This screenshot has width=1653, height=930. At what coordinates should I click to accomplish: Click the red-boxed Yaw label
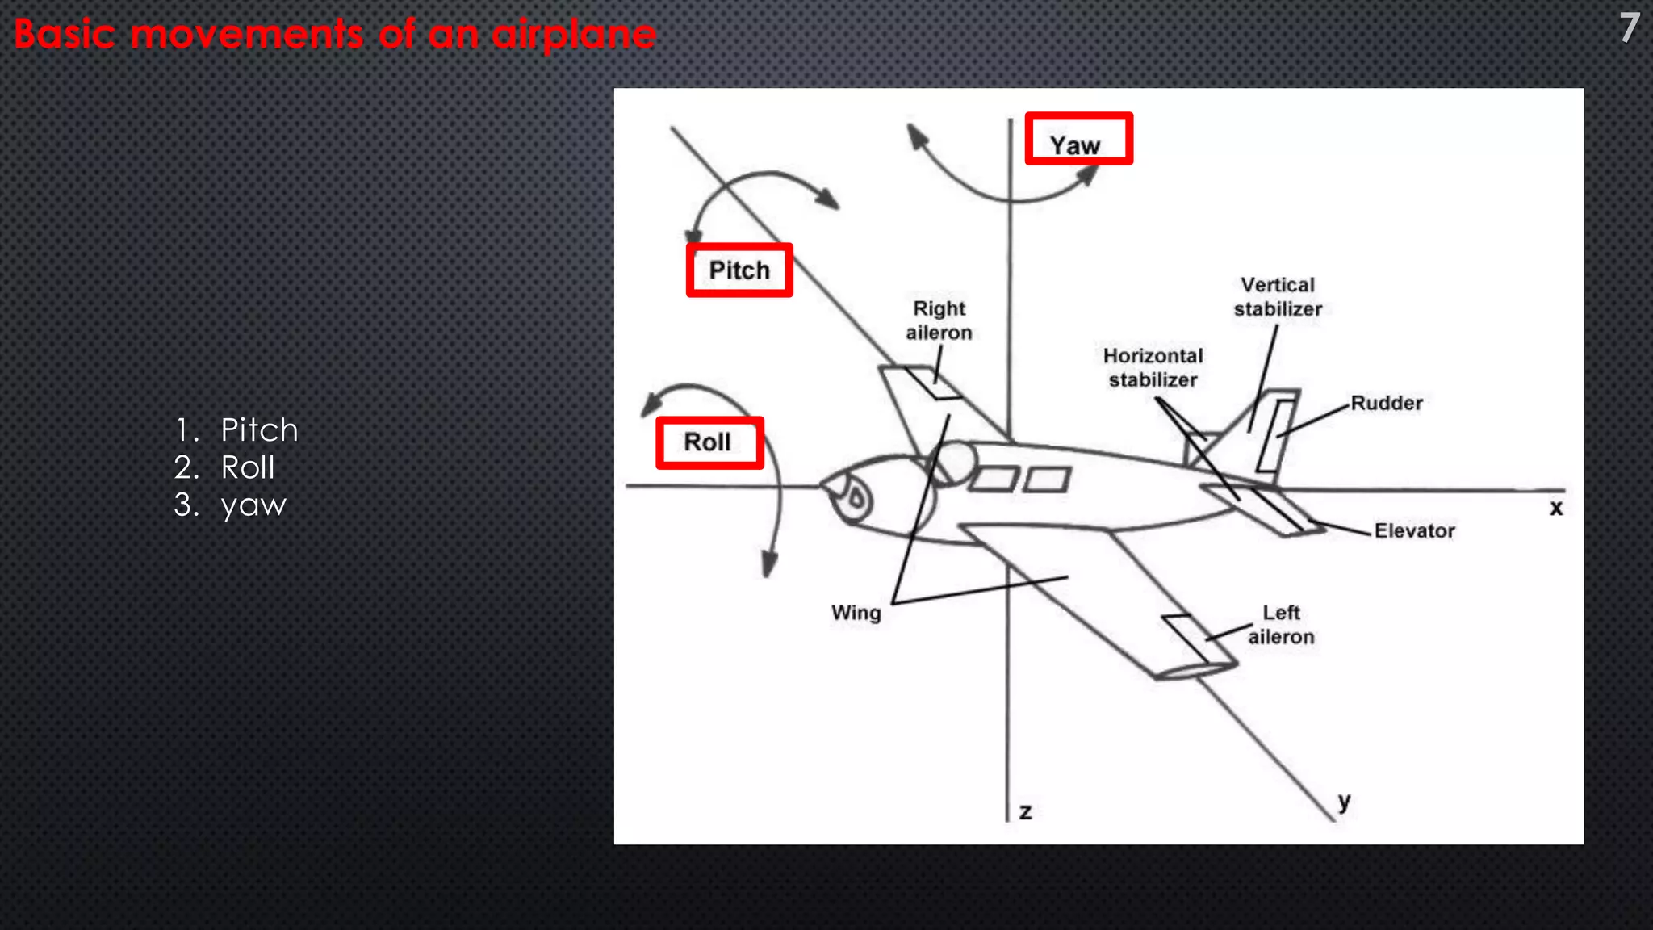coord(1078,140)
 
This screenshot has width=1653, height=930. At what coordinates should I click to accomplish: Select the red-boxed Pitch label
coord(739,270)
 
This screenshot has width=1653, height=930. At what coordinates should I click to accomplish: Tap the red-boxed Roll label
coord(709,442)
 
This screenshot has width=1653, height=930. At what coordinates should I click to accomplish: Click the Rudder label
coord(1386,403)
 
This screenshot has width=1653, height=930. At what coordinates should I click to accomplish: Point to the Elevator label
coord(1414,530)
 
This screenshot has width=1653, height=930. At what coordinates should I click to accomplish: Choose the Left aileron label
coord(1281,625)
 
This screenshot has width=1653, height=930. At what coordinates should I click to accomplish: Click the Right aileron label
coord(939,320)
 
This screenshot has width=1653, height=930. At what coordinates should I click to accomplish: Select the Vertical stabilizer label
coord(1278,297)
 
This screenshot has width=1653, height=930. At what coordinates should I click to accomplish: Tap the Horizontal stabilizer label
coord(1153,367)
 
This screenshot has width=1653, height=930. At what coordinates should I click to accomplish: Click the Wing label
coord(856,613)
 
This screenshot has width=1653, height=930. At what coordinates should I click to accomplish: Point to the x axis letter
coord(1555,508)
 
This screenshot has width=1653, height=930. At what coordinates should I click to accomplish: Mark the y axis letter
coord(1344,801)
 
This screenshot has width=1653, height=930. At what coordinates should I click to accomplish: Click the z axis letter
coord(1025,811)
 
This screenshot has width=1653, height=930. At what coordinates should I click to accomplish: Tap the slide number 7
coord(1629,28)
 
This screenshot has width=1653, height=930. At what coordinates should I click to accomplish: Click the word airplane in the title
coord(574,35)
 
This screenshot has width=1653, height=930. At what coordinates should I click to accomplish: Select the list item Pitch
coord(259,429)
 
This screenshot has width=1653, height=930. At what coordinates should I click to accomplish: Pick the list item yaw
coord(253,505)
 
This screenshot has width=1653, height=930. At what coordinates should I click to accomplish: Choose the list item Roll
coord(248,467)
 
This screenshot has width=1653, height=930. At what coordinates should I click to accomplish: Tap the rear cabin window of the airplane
coord(1048,480)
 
